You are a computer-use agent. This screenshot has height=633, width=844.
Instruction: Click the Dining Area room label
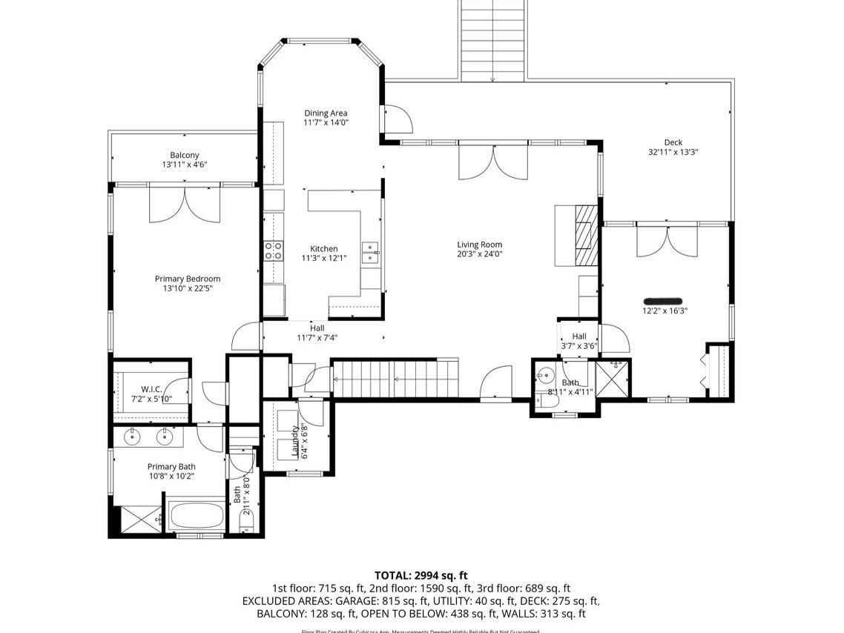[326, 113]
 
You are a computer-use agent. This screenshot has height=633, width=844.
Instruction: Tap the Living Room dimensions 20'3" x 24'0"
[479, 254]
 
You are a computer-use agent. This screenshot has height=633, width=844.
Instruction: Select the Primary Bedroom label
[188, 279]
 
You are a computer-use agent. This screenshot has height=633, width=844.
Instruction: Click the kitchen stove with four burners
[273, 251]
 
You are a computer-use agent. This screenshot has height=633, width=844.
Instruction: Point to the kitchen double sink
[369, 253]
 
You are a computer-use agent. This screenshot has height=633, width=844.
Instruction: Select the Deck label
[673, 142]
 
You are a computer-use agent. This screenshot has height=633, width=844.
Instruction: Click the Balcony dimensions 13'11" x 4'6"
[184, 165]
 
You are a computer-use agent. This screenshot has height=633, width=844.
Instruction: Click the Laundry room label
[294, 441]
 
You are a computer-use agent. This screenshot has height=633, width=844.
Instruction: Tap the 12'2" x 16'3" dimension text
[665, 311]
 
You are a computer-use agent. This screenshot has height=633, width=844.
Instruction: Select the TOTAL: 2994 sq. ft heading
[421, 575]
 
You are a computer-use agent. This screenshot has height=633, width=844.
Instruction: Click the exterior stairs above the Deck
[492, 41]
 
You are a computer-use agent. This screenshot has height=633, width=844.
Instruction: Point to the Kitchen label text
[324, 249]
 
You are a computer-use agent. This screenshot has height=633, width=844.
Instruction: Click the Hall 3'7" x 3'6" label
[578, 341]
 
